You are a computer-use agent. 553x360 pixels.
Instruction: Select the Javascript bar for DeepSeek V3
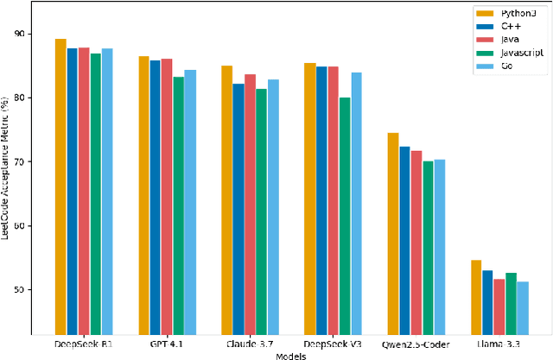(x=345, y=216)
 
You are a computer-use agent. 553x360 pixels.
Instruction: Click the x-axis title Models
(x=291, y=354)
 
